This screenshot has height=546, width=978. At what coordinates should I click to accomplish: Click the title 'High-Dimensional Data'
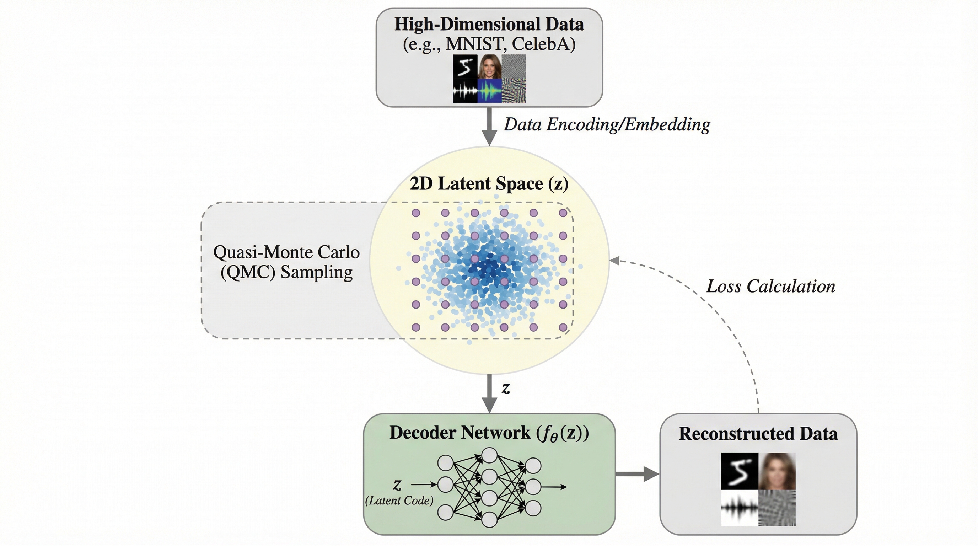tap(489, 24)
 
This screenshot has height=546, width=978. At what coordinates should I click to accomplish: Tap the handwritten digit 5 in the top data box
tap(465, 67)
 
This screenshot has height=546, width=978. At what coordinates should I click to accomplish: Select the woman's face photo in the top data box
tap(489, 67)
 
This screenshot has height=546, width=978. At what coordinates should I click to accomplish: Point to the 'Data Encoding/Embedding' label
tap(607, 124)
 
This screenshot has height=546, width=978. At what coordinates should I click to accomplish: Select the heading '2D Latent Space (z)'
tap(489, 184)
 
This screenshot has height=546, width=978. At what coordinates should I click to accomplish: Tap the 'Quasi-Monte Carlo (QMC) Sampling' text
tap(286, 262)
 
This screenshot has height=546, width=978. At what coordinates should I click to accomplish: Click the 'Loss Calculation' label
tap(771, 286)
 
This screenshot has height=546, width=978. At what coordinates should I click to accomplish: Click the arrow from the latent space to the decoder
tap(489, 394)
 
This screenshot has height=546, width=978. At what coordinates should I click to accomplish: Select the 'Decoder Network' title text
tap(489, 433)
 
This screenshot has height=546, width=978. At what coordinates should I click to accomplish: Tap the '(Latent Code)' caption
tap(399, 500)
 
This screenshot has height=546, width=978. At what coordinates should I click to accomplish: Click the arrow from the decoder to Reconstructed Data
tap(637, 474)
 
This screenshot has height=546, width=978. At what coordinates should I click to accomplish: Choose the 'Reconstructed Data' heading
tap(758, 434)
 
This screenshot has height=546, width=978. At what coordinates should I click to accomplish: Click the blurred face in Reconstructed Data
tap(777, 471)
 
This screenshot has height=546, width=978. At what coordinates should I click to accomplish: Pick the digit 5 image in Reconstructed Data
tap(740, 471)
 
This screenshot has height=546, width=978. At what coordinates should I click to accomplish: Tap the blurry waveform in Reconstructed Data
tap(740, 508)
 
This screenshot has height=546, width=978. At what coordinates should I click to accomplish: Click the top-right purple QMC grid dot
tap(563, 213)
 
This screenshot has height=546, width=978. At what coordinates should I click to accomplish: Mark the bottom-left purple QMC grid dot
tap(416, 327)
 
